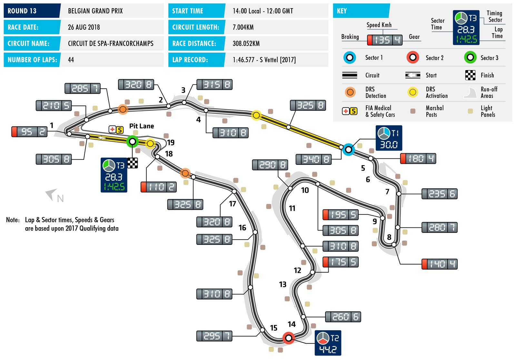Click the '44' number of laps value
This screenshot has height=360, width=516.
pyautogui.click(x=71, y=60)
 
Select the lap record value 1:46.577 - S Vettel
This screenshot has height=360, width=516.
pyautogui.click(x=264, y=60)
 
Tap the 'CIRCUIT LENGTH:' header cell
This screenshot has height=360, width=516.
pyautogui.click(x=196, y=27)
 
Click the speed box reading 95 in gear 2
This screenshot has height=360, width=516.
pyautogui.click(x=29, y=132)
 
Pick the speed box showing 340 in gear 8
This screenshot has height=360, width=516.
pyautogui.click(x=313, y=159)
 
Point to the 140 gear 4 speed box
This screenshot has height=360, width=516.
pyautogui.click(x=440, y=264)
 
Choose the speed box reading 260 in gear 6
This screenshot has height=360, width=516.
pyautogui.click(x=343, y=317)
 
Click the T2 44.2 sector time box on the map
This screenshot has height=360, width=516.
pyautogui.click(x=328, y=343)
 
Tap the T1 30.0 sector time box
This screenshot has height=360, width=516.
pyautogui.click(x=389, y=138)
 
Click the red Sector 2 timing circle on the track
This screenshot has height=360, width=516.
pyautogui.click(x=289, y=338)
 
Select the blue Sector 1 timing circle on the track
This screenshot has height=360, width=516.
pyautogui.click(x=348, y=149)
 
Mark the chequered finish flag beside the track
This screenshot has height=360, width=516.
pyautogui.click(x=132, y=163)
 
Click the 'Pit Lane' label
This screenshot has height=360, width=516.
pyautogui.click(x=142, y=126)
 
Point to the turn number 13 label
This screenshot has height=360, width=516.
pyautogui.click(x=283, y=284)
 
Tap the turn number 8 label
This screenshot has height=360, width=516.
pyautogui.click(x=389, y=237)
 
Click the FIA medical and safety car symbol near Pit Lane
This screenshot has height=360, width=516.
pyautogui.click(x=116, y=130)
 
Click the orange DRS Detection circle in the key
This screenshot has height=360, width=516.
pyautogui.click(x=350, y=92)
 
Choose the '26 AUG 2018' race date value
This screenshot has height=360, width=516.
pyautogui.click(x=84, y=27)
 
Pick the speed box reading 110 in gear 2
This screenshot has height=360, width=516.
pyautogui.click(x=159, y=187)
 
